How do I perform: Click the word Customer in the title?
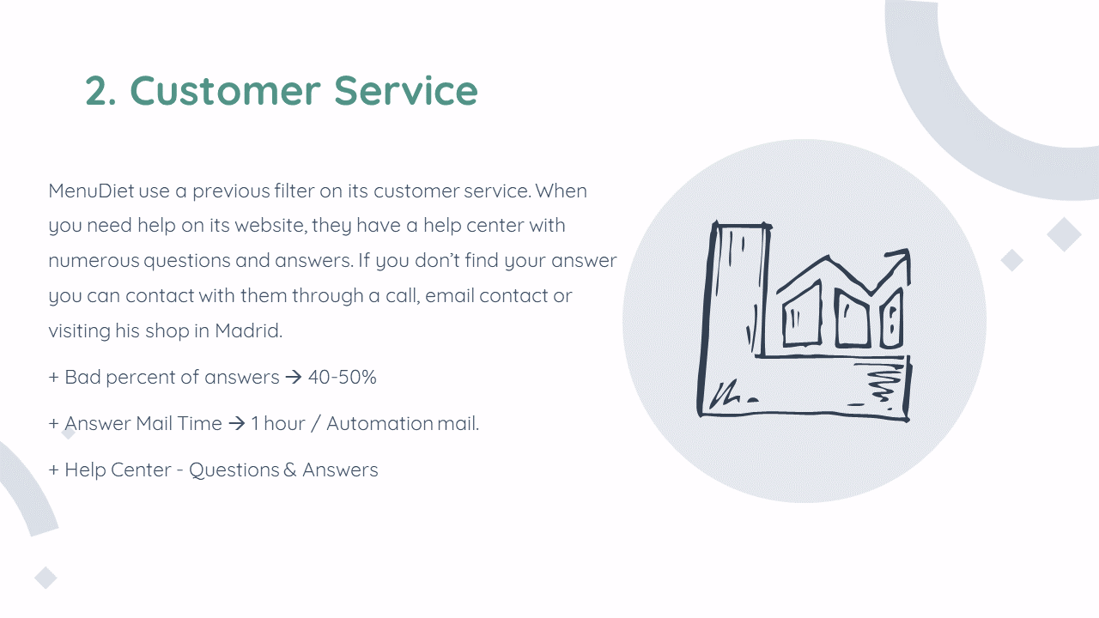coord(225,90)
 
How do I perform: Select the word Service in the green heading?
coord(406,90)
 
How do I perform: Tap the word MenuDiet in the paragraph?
coord(91,191)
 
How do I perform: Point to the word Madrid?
coord(248,330)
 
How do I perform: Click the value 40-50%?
coord(343,377)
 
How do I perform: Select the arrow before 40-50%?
coord(294,377)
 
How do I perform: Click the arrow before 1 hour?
coord(236,423)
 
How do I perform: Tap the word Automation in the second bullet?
coord(379,423)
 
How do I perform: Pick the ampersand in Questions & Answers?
coord(290,470)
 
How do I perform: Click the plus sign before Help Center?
coord(54,470)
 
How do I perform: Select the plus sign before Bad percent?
coord(54,377)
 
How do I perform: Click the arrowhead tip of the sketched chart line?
coord(908,250)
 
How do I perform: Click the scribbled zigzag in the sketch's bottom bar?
coord(885,384)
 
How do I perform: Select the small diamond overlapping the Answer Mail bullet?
coord(69,433)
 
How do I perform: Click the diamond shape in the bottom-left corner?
coord(46,578)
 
